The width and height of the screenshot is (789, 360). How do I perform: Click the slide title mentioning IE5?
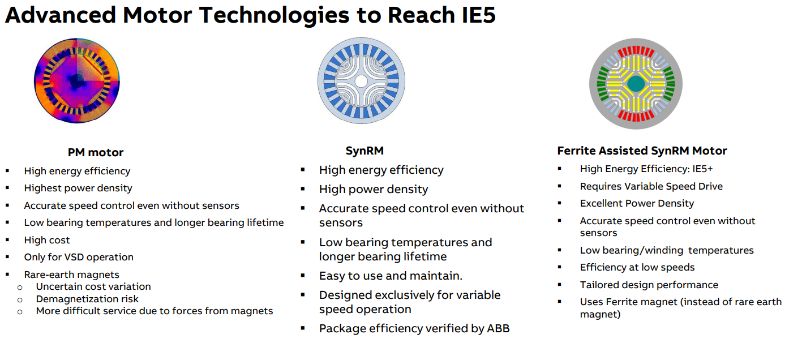point(250,15)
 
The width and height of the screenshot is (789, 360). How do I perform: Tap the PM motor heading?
point(96,152)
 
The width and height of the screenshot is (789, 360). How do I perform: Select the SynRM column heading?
point(365,151)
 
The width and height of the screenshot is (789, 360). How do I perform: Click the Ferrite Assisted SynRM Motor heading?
point(642,151)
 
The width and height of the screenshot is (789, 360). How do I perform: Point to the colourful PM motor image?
point(77,81)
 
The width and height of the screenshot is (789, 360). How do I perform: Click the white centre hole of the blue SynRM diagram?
point(361,81)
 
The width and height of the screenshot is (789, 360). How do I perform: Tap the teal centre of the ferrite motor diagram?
point(636,84)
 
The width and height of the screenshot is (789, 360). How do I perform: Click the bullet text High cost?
point(47,240)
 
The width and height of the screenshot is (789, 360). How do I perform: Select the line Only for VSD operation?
point(79,257)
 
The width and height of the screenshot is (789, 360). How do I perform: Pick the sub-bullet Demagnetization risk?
point(87,299)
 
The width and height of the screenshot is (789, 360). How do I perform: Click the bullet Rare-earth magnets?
point(71,275)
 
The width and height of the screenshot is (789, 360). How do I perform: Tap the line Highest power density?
point(78,188)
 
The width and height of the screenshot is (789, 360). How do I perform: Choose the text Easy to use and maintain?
point(391,276)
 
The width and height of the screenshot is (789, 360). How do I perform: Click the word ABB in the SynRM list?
point(498,328)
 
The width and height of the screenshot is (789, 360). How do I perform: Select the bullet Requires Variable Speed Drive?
point(651,186)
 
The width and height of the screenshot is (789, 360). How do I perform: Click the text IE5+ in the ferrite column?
point(702,169)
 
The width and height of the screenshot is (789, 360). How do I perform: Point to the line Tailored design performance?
point(649,285)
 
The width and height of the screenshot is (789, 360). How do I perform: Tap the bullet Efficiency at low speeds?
point(637,267)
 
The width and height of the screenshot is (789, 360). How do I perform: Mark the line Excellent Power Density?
point(637,204)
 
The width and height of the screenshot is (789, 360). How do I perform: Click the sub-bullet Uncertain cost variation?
point(93,287)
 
